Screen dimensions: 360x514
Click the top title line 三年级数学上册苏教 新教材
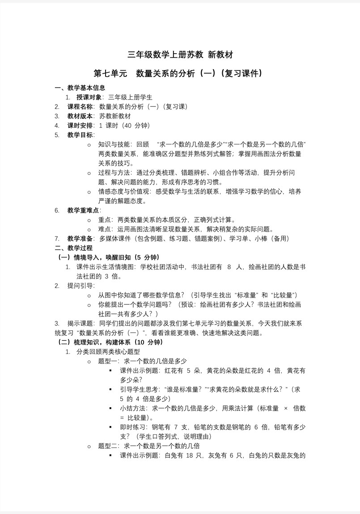coord(180,55)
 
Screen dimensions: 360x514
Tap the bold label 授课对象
coord(89,97)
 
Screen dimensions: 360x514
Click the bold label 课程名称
coord(80,106)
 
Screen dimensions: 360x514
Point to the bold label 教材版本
coord(80,116)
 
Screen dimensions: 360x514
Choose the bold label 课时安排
coord(80,125)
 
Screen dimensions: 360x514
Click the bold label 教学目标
coord(80,135)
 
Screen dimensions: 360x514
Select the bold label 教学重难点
coord(84,210)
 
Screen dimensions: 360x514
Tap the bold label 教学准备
coord(80,238)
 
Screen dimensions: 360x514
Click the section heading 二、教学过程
coord(73,248)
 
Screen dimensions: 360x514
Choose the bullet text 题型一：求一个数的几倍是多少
coord(142,361)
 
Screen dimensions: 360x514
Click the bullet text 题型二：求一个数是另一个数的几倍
coord(148,446)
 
